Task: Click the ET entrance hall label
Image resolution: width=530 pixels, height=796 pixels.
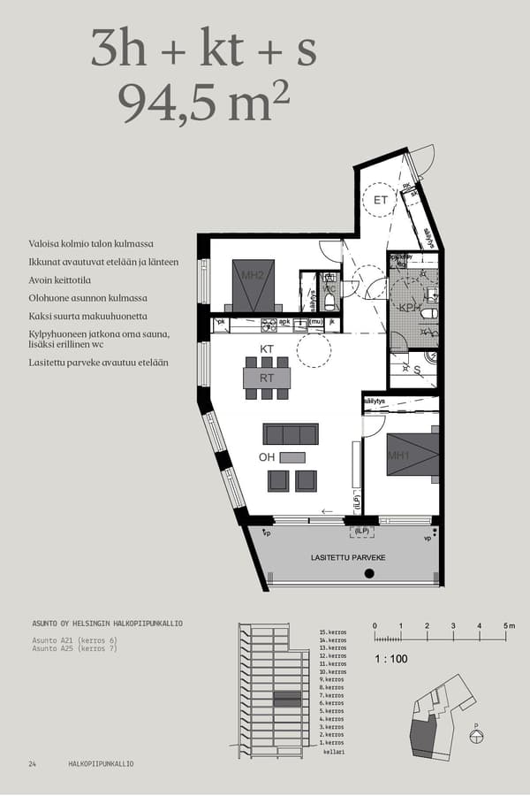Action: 380,201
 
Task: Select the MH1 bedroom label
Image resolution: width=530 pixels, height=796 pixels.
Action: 399,455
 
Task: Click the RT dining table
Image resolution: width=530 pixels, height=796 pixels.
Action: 266,378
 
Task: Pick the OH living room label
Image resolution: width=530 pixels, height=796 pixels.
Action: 267,457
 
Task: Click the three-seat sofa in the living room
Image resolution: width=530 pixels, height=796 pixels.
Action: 291,433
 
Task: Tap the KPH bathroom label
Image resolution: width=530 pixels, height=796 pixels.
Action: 408,308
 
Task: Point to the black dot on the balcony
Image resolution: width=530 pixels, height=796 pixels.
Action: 369,574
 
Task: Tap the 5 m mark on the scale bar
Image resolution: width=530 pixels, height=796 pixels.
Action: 508,625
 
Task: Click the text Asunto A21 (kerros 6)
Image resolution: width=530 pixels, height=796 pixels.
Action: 74,639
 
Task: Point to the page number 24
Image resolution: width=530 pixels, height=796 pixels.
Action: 32,763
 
